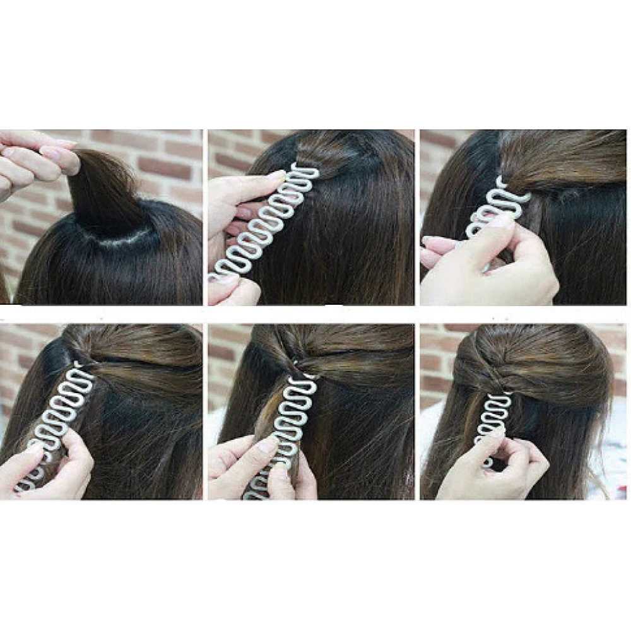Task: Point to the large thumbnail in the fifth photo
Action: point(268,444)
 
